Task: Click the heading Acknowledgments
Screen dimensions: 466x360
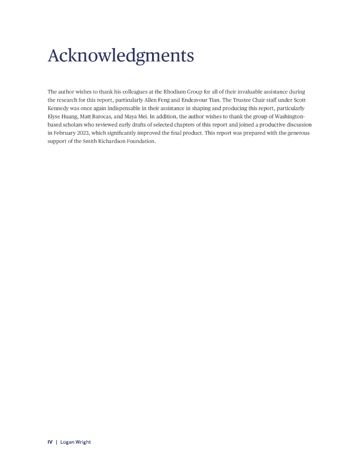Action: [x=121, y=56]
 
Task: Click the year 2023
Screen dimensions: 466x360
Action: [x=82, y=133]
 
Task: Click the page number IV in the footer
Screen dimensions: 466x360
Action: [x=50, y=442]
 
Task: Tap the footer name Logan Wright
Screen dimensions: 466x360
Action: [x=76, y=442]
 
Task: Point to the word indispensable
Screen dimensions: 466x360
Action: [x=120, y=108]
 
